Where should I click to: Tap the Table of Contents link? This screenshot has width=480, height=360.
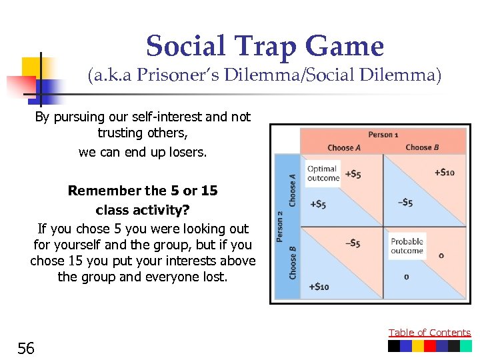coord(429,333)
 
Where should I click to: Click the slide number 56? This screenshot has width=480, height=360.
coord(26,347)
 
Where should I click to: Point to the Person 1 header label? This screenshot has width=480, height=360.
coord(383,135)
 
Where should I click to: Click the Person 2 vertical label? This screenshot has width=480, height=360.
coord(281,227)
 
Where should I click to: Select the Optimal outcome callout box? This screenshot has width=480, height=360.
coord(323,173)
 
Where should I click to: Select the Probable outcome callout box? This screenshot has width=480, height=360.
coord(407,246)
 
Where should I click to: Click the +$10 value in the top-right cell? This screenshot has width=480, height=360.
coord(444,173)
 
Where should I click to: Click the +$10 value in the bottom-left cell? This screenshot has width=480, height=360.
coord(318,287)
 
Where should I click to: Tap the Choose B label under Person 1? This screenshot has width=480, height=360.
coord(423,147)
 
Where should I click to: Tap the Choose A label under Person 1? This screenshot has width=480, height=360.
coord(345,147)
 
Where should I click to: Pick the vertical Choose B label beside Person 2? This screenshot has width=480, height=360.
coord(293,261)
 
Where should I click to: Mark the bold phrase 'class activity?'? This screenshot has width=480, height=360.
coord(143,210)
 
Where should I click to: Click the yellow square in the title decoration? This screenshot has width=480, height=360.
coord(31,67)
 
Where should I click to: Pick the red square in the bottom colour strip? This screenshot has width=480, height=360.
coord(430,346)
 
